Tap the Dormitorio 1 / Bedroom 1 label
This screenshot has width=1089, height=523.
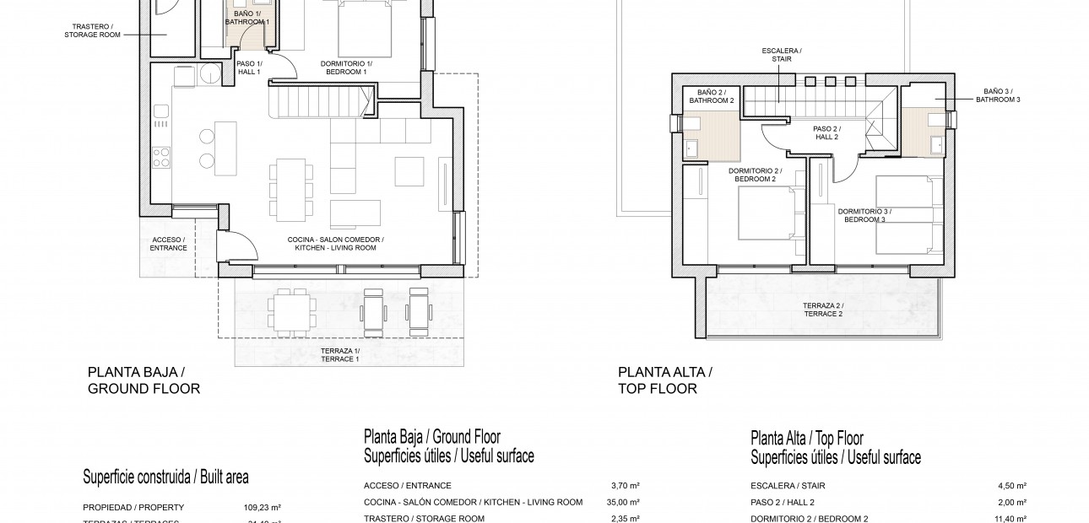pos(345,67)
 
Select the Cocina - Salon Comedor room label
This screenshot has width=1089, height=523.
pos(335,244)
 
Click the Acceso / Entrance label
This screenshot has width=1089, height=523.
pos(167,244)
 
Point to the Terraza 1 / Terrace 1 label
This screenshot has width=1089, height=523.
pos(339,354)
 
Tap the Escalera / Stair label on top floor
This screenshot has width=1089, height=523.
pos(781,55)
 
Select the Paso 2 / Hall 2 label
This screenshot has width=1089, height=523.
pos(826,132)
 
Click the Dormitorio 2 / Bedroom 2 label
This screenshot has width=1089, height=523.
pos(756,175)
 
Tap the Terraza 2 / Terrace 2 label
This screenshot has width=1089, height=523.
pos(823,309)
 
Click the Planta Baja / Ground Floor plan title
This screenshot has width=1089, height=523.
pos(144,380)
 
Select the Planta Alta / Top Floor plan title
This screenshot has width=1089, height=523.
pos(665,380)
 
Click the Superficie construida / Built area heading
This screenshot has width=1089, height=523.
pos(165,477)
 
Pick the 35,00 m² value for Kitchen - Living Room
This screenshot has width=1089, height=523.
pos(624,502)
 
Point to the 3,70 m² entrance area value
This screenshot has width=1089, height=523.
pos(624,486)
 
